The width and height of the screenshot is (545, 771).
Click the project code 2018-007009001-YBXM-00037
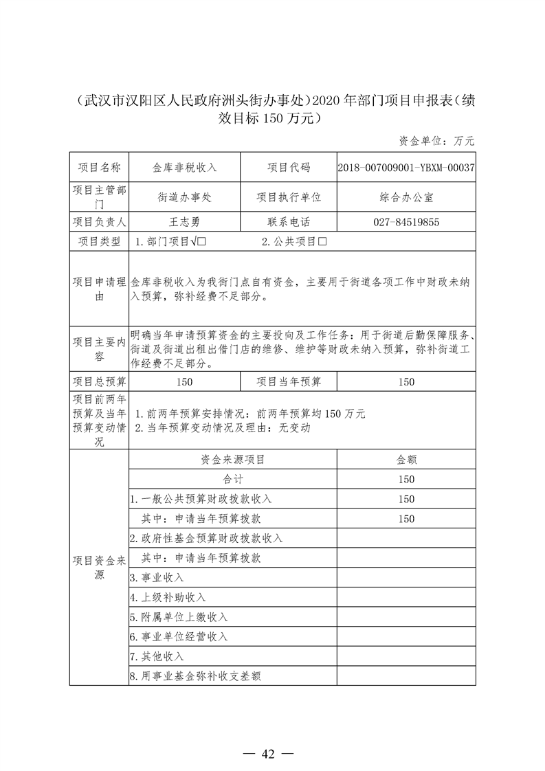point(406,168)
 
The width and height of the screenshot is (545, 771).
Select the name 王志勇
point(184,222)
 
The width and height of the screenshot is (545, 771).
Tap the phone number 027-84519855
point(406,222)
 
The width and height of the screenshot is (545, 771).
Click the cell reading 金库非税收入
point(184,168)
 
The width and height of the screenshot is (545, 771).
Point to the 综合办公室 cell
point(406,197)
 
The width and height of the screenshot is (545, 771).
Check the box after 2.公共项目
point(321,242)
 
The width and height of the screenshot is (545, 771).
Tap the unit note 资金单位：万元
point(436,141)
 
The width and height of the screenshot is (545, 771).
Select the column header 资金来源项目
point(233,460)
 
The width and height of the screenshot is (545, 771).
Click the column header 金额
point(406,460)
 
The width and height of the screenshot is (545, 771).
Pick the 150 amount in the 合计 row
point(406,479)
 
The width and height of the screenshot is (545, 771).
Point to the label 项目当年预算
point(289,382)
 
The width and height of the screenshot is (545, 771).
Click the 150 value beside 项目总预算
point(184,382)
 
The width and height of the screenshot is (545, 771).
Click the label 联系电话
point(289,222)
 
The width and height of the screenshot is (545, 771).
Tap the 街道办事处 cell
point(184,197)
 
